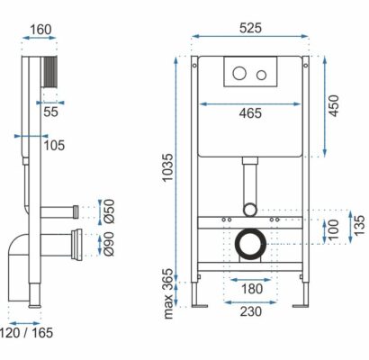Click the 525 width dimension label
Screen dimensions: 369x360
[x=250, y=28]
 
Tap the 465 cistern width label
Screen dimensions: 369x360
[x=250, y=113]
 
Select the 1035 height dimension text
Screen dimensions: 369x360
[x=167, y=167]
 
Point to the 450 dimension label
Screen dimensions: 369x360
[x=333, y=105]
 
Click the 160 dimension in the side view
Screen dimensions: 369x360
[x=40, y=30]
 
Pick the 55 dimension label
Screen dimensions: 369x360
[x=50, y=112]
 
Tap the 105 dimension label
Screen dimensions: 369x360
[x=54, y=146]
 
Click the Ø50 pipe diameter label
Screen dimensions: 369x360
[x=109, y=211]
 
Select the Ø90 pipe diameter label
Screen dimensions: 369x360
[x=109, y=244]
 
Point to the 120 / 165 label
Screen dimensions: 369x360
[x=26, y=333]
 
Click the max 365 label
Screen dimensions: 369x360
[x=167, y=293]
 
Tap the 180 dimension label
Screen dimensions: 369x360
[x=252, y=289]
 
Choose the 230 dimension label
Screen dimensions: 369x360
[x=250, y=311]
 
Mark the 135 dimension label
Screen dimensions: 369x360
[x=359, y=225]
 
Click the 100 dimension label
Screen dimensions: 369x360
[x=333, y=229]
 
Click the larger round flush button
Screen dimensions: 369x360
[x=239, y=73]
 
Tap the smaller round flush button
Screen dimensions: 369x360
[x=262, y=75]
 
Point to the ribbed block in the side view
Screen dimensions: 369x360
[x=50, y=72]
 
